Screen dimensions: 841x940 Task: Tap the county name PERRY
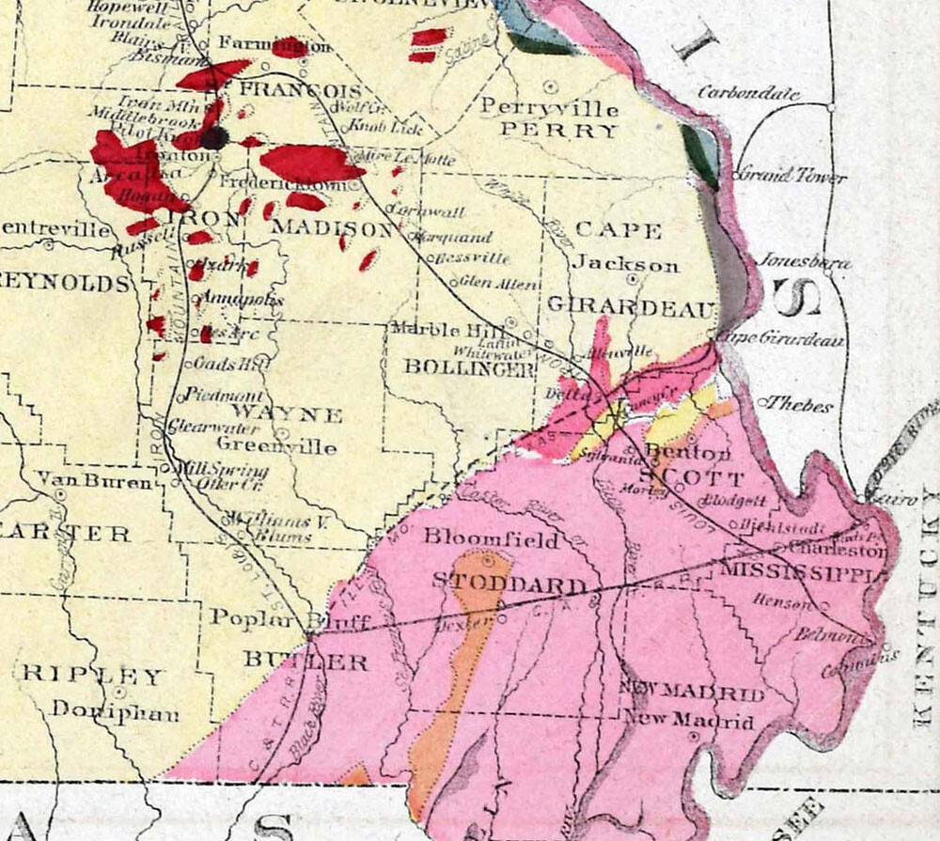[558, 131]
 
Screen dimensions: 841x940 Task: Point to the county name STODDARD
[509, 584]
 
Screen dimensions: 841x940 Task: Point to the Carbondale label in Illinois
[749, 93]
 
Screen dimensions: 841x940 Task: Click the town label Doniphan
[115, 710]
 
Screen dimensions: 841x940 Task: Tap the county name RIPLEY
[92, 676]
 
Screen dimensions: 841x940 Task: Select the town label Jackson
[626, 265]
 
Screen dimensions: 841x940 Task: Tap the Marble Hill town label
[439, 330]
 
